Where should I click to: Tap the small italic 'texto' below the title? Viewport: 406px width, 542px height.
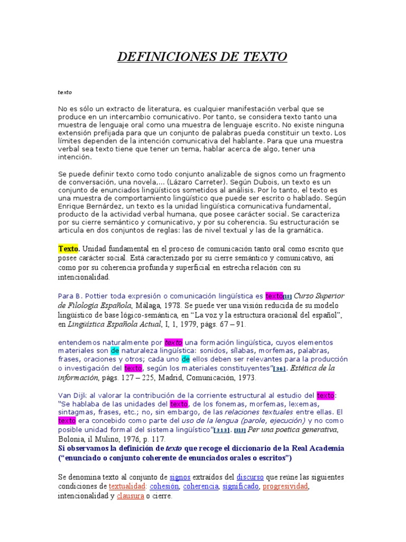point(64,93)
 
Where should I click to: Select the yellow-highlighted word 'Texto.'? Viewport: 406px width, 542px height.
point(68,248)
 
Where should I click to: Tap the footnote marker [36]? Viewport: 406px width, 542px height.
point(280,368)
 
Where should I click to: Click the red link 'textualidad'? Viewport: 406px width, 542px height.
point(127,486)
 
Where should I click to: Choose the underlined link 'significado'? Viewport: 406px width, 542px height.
point(241,486)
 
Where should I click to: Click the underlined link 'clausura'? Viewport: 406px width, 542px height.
point(130,496)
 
